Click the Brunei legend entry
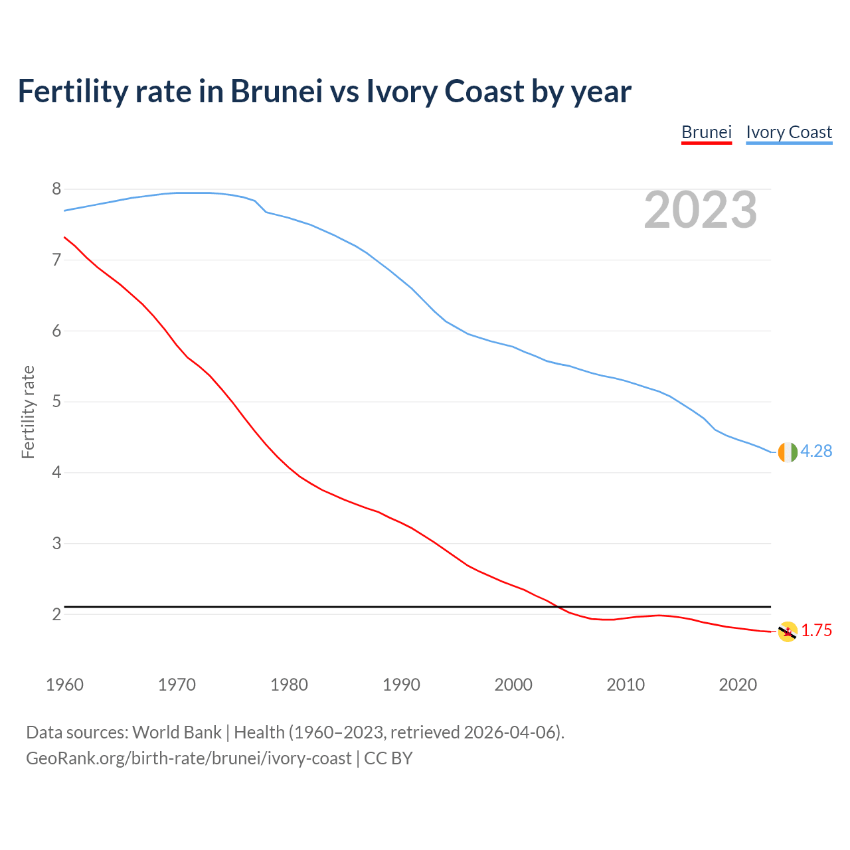(x=707, y=132)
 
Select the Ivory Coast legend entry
(x=789, y=132)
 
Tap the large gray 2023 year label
(x=701, y=210)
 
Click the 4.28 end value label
(x=816, y=452)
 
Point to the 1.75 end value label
(x=816, y=631)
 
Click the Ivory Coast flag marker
(x=788, y=452)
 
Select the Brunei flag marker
(x=788, y=632)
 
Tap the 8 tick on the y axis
(x=56, y=189)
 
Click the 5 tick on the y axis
(x=56, y=402)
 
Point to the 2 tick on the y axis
(x=56, y=614)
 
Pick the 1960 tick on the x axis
(x=64, y=685)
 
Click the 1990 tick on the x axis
(x=401, y=685)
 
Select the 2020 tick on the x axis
(x=738, y=685)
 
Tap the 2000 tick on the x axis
(x=513, y=685)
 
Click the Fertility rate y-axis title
(x=28, y=412)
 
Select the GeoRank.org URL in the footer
(x=189, y=758)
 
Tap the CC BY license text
(x=388, y=758)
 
